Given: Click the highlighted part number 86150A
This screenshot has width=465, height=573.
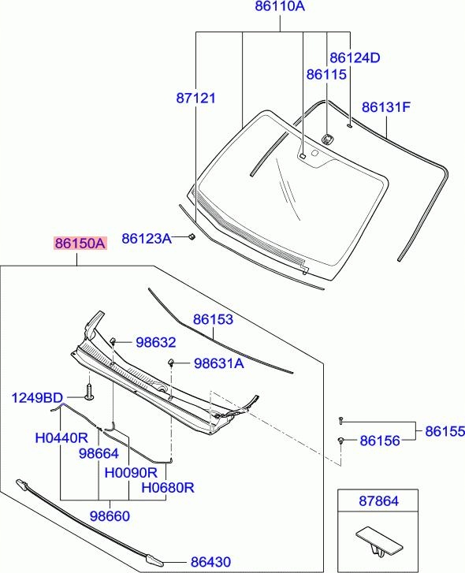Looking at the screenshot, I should (79, 244).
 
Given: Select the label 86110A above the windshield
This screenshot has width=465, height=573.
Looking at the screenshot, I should (280, 8).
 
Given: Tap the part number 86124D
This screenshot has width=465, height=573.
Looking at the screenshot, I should (355, 58).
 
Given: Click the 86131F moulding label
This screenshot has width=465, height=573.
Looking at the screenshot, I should (386, 107).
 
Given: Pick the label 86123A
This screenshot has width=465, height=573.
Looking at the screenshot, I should (147, 238).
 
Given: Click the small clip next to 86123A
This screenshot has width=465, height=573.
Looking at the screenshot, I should (192, 237).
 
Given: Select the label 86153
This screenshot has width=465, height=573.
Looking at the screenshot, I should (214, 320).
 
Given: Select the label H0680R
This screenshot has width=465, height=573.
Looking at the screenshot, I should (167, 488).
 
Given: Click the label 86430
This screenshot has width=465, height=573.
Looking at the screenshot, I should (210, 562).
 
